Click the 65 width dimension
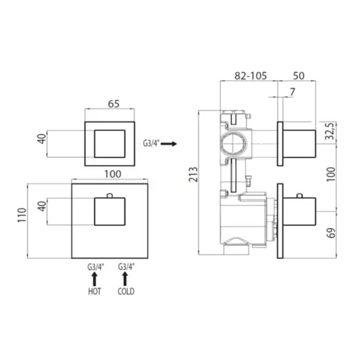114,104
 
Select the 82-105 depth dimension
250,76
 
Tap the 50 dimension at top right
299,76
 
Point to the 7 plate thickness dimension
292,92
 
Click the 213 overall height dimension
193,175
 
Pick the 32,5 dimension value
330,131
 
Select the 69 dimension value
331,233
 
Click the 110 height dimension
22,215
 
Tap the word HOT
95,292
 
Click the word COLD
126,292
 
